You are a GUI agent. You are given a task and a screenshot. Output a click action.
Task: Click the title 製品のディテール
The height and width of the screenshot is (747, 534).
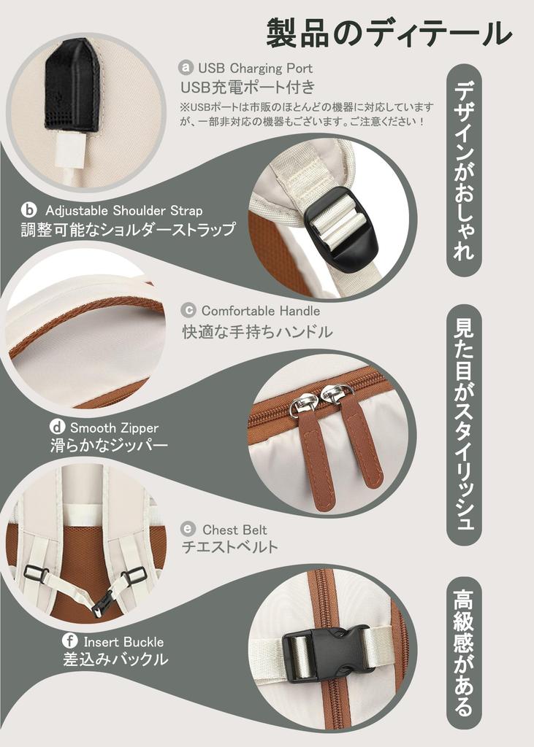[389, 34]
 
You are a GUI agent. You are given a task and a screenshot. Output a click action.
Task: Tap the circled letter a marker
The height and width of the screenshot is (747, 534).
[186, 67]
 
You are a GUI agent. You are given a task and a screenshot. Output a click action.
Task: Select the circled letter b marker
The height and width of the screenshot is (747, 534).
[29, 209]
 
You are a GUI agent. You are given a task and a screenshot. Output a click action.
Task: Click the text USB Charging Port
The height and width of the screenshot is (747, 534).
[255, 68]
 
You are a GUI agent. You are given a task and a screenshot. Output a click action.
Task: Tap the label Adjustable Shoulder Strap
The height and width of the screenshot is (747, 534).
[124, 210]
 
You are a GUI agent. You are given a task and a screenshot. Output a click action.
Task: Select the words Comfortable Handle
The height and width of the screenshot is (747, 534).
[261, 311]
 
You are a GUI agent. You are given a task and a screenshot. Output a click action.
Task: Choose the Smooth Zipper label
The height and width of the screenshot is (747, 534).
[114, 427]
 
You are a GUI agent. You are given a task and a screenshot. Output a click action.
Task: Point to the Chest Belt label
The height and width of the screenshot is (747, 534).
[234, 530]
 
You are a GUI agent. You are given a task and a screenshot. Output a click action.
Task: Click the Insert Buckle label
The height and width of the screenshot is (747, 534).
[123, 642]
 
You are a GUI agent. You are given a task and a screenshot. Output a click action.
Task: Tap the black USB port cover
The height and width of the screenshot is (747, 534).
[73, 85]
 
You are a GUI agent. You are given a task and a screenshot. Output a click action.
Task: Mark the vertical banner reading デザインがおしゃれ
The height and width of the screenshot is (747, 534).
[464, 170]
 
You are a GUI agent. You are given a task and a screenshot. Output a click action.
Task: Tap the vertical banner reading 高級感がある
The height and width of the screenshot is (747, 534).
[463, 653]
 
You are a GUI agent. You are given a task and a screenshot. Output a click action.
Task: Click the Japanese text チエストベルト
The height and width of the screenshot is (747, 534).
[230, 546]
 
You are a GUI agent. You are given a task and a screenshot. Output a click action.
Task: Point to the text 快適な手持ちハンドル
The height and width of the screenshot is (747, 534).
[257, 332]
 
